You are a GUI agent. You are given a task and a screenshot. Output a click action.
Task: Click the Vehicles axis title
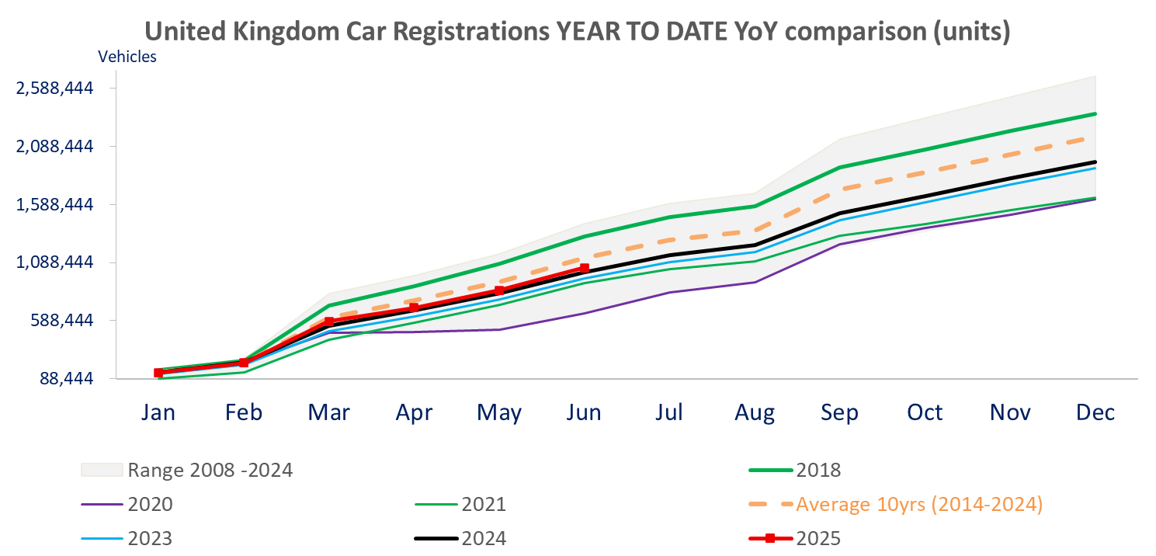click(127, 57)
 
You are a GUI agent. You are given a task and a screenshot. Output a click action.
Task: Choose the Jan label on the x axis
click(158, 412)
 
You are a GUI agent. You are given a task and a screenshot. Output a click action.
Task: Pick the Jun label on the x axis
click(584, 412)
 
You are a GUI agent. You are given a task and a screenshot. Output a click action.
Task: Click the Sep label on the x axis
click(839, 412)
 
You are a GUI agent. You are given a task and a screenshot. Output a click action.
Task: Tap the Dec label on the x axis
click(1095, 412)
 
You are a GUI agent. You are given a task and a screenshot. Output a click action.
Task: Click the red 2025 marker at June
click(585, 269)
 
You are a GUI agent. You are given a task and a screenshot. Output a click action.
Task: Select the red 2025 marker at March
click(329, 321)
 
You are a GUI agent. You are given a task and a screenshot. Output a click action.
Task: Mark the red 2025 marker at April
click(414, 308)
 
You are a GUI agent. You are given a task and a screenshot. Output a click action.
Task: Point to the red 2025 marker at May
click(499, 291)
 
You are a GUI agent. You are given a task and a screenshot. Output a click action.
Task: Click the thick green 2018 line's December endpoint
click(1095, 114)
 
